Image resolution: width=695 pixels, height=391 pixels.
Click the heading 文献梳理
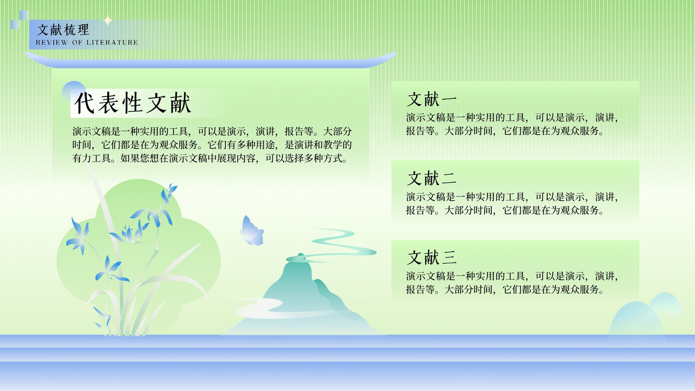point(63,30)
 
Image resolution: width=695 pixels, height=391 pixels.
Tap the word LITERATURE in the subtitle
point(112,43)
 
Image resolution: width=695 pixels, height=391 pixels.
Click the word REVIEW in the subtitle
point(52,43)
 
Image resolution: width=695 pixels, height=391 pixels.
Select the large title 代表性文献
point(132,103)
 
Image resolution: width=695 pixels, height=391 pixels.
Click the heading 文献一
point(432,99)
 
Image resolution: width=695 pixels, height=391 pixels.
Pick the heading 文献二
point(432,179)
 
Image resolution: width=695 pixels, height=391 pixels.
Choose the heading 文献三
point(432,258)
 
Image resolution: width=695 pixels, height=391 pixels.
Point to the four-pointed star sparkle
point(108,21)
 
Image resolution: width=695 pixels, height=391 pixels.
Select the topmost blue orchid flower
point(169,193)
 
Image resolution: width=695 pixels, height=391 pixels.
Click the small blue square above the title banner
point(24,15)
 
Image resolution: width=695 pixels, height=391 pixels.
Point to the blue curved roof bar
point(211,63)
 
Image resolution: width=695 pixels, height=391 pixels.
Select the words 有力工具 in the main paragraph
point(92,159)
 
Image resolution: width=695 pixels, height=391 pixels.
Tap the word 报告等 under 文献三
point(420,289)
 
